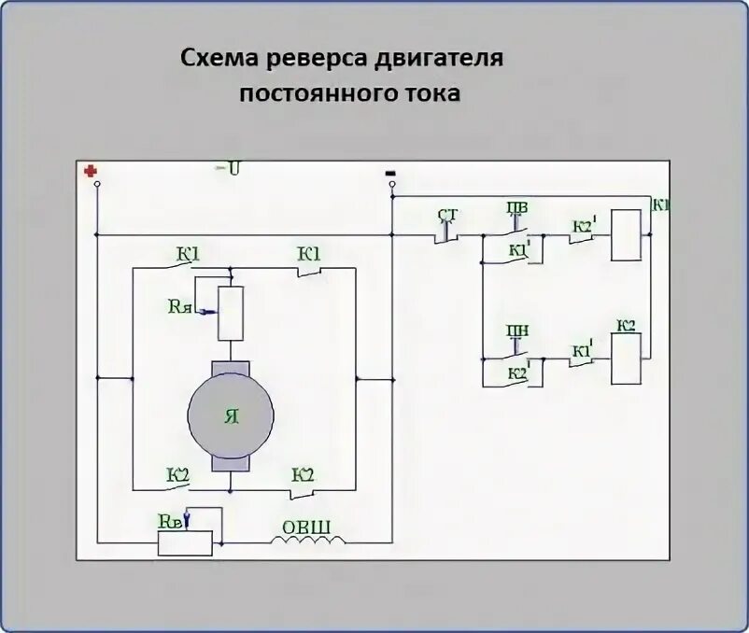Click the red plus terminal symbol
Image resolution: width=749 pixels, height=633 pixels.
(91, 171)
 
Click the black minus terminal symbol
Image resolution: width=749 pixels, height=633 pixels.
(390, 173)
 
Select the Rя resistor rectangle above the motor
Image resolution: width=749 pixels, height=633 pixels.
(230, 313)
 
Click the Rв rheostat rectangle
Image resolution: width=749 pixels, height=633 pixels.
(185, 542)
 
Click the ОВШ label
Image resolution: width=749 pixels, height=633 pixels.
(306, 527)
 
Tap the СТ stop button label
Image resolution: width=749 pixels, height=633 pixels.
(447, 217)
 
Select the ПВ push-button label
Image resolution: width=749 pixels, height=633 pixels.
(516, 207)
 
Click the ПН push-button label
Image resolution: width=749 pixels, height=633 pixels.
(516, 332)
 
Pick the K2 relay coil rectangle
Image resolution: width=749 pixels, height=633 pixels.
(625, 358)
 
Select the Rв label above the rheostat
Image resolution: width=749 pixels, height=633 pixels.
(171, 522)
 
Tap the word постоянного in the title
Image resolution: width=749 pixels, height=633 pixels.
(318, 94)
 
